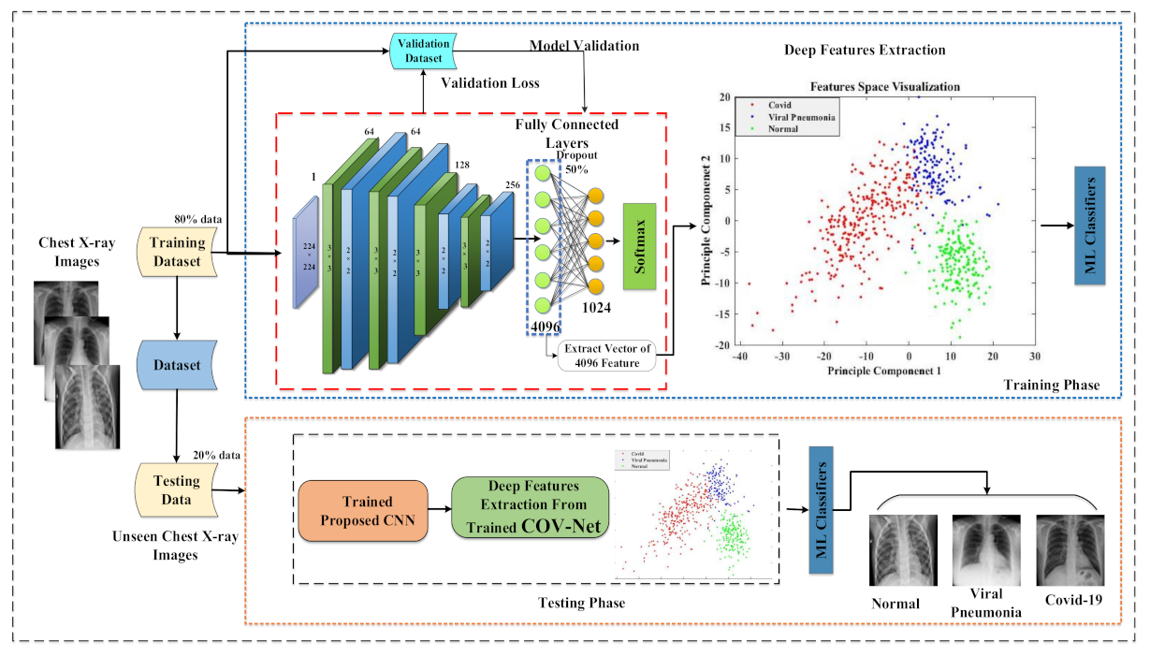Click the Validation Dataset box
(423, 51)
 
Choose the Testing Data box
(176, 489)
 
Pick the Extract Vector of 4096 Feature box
(607, 357)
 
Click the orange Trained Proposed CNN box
(361, 509)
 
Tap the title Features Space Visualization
(884, 86)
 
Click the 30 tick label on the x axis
(1034, 357)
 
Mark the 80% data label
(199, 219)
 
